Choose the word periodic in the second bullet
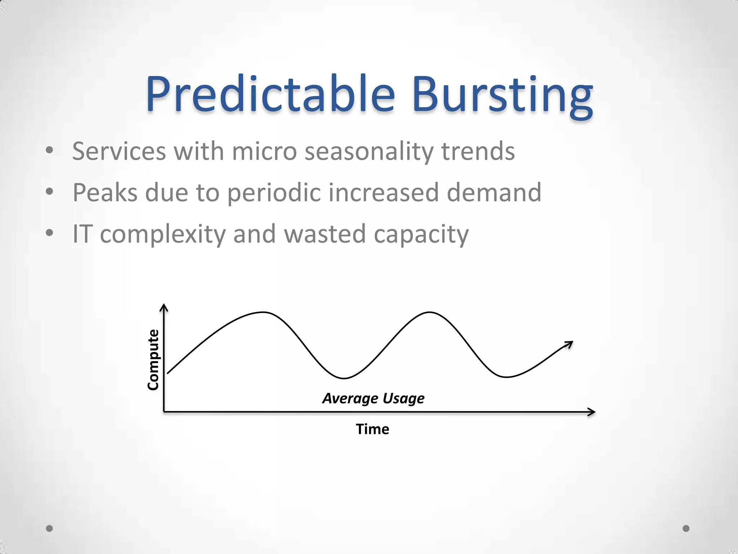click(x=274, y=193)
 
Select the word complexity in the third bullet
click(x=163, y=234)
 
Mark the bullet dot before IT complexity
click(x=50, y=233)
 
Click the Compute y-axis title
click(x=153, y=360)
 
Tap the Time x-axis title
click(x=372, y=429)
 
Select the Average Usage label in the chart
click(x=373, y=399)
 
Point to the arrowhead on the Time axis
click(x=591, y=412)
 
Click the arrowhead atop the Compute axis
click(x=164, y=307)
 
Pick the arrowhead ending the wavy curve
click(x=569, y=344)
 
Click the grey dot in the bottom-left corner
click(x=50, y=528)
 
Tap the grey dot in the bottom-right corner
click(x=686, y=528)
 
